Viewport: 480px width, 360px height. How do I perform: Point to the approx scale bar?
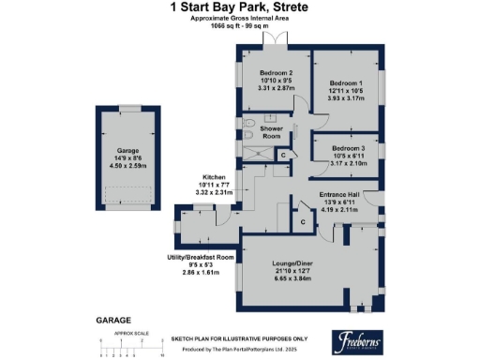coord(131,350)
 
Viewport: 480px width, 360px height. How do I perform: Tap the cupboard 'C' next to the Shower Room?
coord(280,155)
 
